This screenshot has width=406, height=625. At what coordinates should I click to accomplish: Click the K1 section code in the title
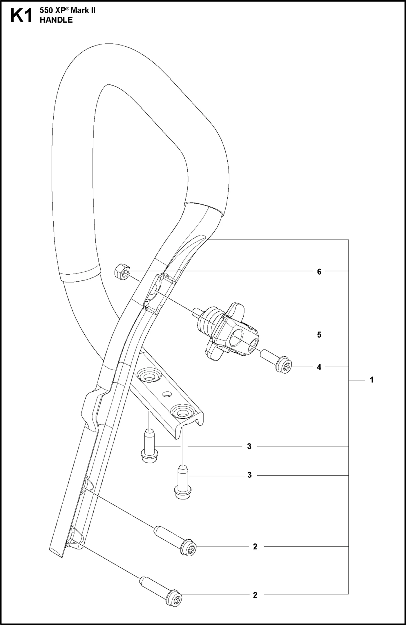pos(21,16)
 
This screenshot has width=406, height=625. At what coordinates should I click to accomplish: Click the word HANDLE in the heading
pos(56,20)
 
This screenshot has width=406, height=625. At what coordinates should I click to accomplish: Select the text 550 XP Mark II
pos(68,11)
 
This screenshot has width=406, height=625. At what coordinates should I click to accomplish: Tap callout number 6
pos(319,272)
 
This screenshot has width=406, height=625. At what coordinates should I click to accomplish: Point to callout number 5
pos(319,335)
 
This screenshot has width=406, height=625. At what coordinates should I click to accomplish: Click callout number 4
pos(319,367)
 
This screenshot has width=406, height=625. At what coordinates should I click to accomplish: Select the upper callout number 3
pos(249,446)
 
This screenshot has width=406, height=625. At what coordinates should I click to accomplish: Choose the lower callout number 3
pos(249,475)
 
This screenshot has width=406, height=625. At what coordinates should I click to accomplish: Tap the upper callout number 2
pos(255,547)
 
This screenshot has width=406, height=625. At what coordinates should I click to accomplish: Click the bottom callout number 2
pos(255,595)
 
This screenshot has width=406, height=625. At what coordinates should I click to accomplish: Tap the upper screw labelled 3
pos(149,447)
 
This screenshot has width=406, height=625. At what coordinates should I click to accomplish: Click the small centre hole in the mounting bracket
pos(166,394)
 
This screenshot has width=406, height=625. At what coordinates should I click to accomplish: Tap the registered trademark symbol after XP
pos(67,9)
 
